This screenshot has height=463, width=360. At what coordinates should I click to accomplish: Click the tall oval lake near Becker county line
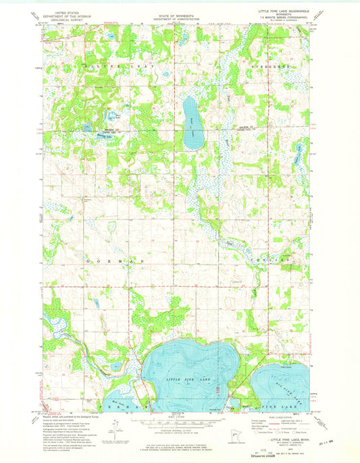pyautogui.click(x=191, y=122)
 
